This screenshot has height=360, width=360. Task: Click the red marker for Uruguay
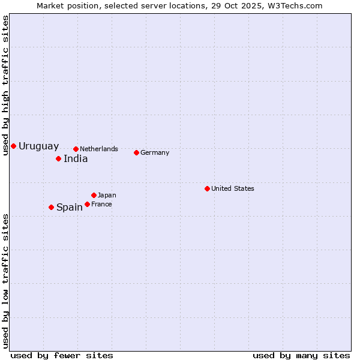coord(13,146)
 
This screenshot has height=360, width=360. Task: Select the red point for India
coord(58,158)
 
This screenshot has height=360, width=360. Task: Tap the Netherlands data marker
coord(76,149)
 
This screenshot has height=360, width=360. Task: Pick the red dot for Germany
coord(136,152)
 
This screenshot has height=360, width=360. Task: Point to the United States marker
coord(207,188)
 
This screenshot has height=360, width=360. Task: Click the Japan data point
coord(94,195)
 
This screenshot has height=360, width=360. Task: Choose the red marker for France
coord(87,204)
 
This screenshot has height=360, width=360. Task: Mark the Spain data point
coord(51,207)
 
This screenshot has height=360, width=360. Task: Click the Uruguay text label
coord(38,146)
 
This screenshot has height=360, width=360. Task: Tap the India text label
coord(76,158)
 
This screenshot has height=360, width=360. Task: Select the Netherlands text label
coord(99,149)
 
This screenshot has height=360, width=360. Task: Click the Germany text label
coord(155,152)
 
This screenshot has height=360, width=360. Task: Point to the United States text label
coord(233,188)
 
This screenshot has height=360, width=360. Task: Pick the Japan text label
coord(107,195)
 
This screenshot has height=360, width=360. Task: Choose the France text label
coord(101,204)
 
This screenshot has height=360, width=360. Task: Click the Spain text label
coord(70,207)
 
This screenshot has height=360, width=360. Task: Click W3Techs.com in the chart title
coord(295,5)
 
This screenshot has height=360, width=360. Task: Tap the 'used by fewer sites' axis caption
coord(62,355)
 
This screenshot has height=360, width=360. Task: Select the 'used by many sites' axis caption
coord(301,355)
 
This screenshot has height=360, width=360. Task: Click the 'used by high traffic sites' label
coord(5,85)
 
